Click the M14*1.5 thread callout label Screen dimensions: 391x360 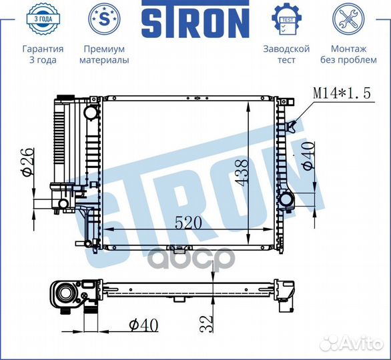[342, 93]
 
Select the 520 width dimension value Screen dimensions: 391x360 [188, 223]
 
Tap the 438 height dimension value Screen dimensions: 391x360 [242, 173]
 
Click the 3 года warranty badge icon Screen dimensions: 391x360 [43, 19]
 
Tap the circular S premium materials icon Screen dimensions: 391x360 [104, 19]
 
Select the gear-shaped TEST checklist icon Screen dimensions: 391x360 [286, 19]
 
